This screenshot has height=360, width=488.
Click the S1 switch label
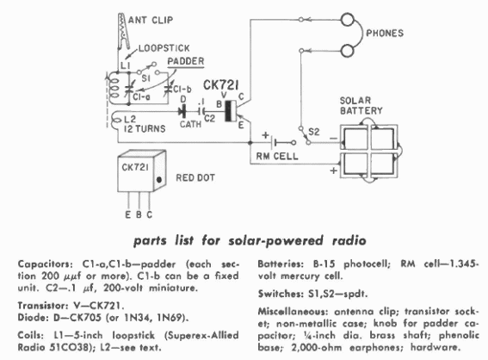click(x=145, y=78)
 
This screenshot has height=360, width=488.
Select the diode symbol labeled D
click(x=182, y=110)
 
